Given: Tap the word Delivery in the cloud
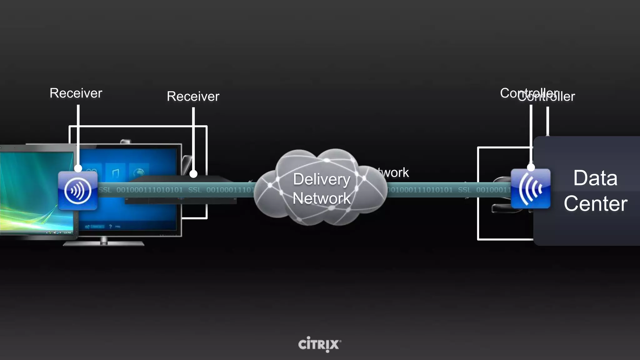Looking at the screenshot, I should pos(322,179).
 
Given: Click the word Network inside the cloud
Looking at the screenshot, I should pos(322,198).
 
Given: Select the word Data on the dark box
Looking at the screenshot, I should pos(595,178).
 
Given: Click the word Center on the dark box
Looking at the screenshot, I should pos(595,204).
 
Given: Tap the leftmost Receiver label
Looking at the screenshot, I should pos(76,93).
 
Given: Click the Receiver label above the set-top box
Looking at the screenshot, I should pos(193,96).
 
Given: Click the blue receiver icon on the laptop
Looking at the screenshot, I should pos(78,191).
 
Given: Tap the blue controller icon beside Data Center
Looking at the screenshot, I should pos(531,189).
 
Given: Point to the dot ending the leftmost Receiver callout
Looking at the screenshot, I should pos(78,168).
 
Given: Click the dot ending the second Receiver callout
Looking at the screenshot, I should pos(193,174).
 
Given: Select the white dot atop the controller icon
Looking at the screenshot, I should pos(531,167).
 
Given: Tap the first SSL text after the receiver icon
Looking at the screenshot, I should pos(105,190).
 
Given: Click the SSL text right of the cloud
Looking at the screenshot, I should pos(464,190).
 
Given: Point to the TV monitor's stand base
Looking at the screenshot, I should pos(103,243).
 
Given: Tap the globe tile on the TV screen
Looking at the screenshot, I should pos(139,172).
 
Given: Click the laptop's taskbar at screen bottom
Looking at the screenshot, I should pos(37,232).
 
